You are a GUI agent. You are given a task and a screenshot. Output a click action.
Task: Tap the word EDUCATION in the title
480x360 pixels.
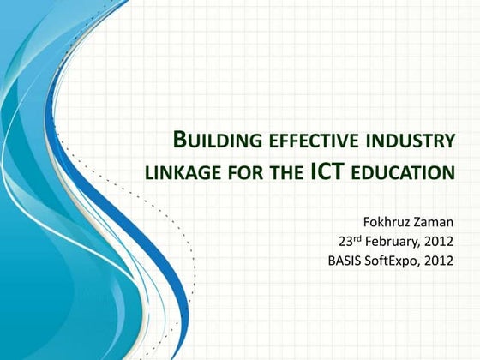click(x=405, y=174)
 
